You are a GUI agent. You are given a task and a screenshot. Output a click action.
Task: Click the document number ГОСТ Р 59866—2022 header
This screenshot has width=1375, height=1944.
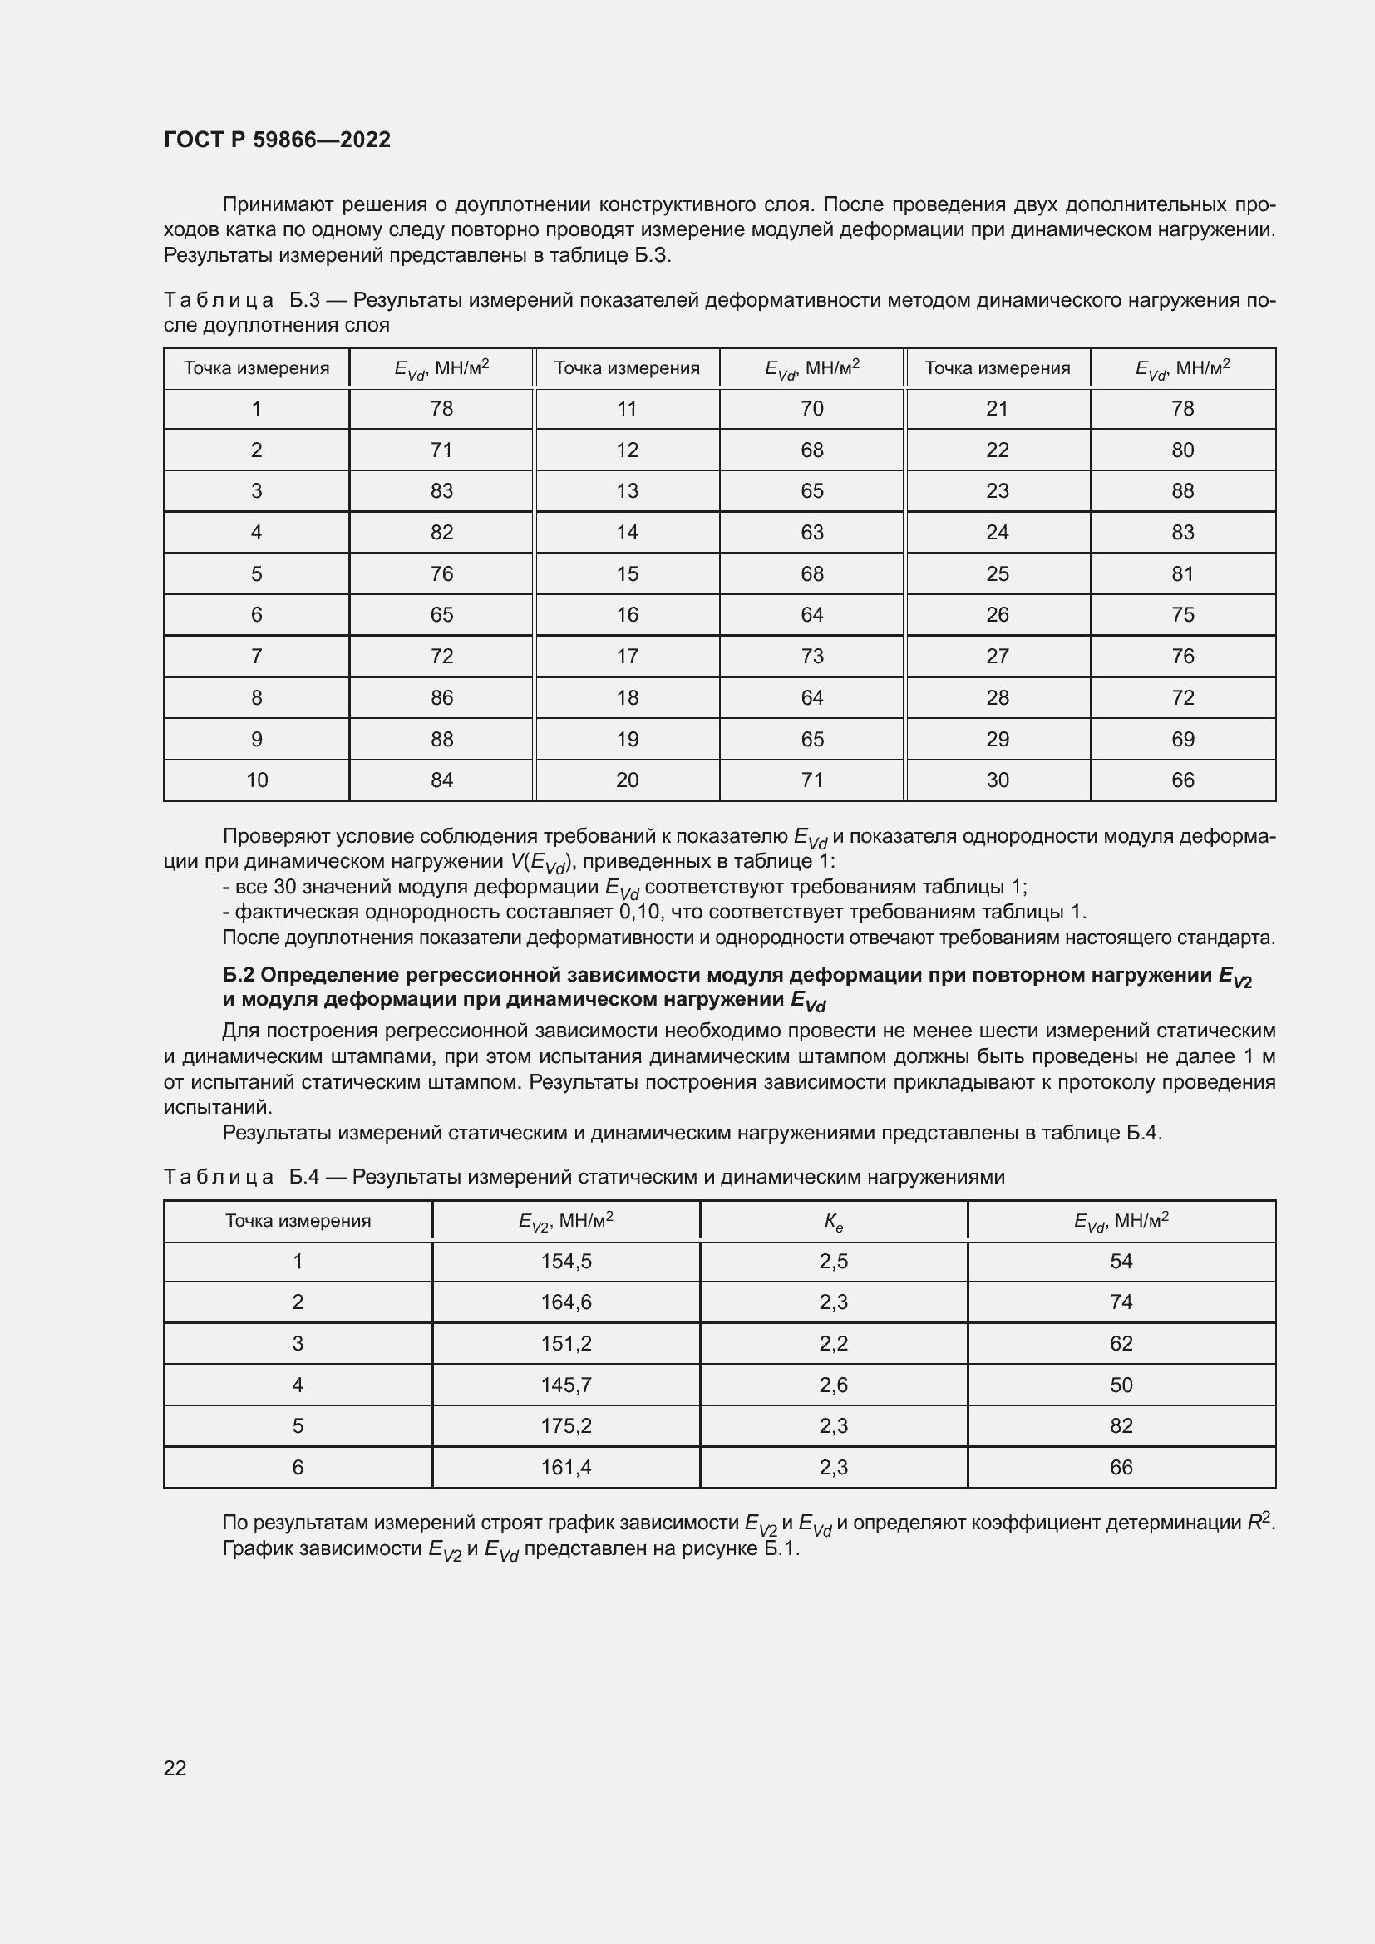[x=277, y=140]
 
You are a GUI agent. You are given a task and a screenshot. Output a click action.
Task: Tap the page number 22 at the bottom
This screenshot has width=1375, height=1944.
[x=175, y=1767]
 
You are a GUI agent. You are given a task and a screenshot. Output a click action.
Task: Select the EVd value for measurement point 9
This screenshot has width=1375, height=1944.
[x=441, y=739]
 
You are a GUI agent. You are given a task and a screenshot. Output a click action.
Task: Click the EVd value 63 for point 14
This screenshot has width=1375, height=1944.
[x=811, y=533]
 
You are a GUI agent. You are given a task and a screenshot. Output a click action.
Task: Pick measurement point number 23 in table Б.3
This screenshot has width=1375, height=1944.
[x=997, y=491]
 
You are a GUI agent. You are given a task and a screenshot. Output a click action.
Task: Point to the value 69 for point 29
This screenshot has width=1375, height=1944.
[x=1182, y=739]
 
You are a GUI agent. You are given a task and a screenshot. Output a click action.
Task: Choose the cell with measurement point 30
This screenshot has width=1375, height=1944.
[x=997, y=780]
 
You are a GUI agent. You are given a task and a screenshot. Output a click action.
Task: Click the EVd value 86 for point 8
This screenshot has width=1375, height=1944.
[x=441, y=697]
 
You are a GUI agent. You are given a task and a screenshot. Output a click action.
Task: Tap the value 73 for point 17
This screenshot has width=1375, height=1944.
[x=811, y=657]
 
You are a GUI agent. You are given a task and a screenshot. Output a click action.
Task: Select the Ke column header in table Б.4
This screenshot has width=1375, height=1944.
[x=833, y=1221]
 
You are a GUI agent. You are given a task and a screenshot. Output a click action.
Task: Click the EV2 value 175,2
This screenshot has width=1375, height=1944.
[x=565, y=1426]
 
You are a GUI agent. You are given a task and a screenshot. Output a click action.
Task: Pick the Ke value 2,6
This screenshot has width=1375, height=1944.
[x=833, y=1385]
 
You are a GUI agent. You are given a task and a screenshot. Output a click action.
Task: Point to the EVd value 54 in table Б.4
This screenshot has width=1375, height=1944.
[x=1120, y=1262]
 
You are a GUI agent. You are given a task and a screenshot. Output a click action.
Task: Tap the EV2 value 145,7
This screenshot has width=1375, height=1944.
[x=565, y=1385]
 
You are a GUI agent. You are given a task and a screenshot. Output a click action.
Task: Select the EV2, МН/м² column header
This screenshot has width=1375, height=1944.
[x=565, y=1221]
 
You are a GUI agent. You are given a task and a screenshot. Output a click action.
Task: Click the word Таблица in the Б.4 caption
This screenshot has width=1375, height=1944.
[x=218, y=1177]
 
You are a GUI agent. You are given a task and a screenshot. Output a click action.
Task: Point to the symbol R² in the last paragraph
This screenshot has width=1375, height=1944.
[x=1259, y=1523]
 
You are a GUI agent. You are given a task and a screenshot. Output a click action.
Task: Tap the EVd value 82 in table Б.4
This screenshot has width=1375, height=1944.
[x=1120, y=1426]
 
